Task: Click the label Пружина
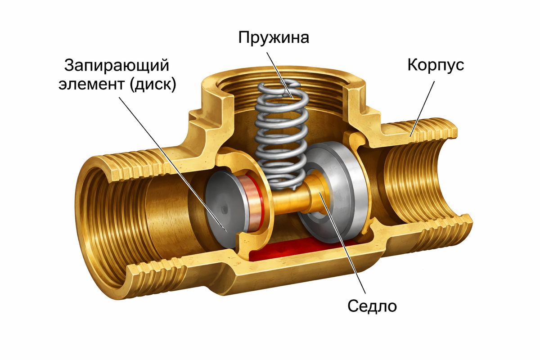click(x=274, y=38)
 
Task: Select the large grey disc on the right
click(x=333, y=189)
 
